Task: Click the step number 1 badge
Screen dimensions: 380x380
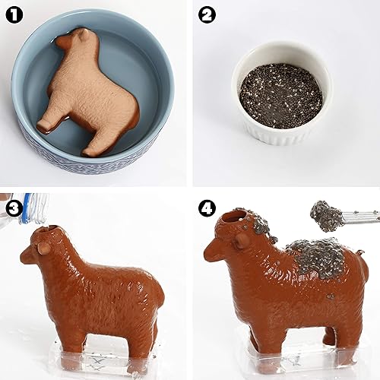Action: (x=14, y=15)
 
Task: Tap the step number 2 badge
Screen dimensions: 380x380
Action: (x=207, y=15)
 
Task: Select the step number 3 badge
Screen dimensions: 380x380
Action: (x=12, y=207)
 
